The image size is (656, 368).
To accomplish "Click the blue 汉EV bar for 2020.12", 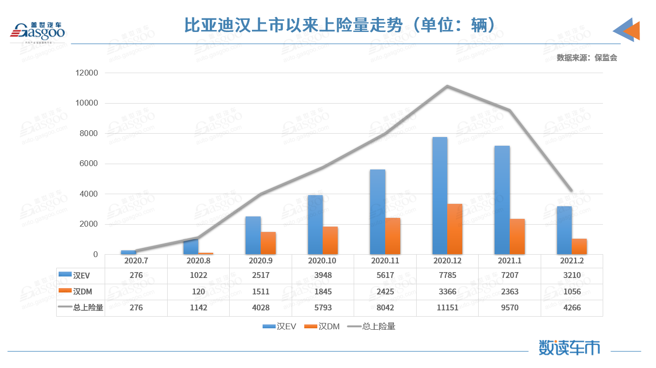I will [x=439, y=196].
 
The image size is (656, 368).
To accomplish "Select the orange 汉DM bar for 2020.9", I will [x=268, y=243].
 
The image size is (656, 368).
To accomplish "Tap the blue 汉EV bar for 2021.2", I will [x=564, y=230].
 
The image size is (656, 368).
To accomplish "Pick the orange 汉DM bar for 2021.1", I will [x=517, y=236].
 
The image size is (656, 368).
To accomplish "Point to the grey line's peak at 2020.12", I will [x=447, y=86].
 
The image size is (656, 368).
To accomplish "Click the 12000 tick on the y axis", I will [x=87, y=73].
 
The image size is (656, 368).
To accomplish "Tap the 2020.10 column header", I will [x=323, y=261].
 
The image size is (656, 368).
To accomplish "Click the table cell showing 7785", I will [x=447, y=276].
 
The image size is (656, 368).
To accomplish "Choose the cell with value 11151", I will [x=447, y=307].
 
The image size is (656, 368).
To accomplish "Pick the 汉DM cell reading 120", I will [x=198, y=291].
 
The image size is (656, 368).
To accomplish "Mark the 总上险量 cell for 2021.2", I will [x=572, y=307].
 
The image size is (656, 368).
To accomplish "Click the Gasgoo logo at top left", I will [x=38, y=32].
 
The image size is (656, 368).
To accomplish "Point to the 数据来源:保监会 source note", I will [x=587, y=58].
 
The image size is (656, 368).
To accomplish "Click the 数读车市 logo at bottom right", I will [x=569, y=347].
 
